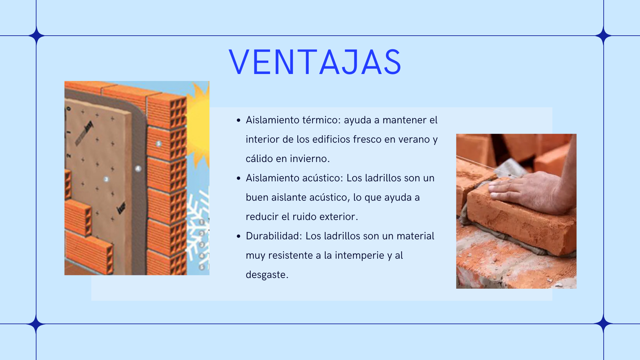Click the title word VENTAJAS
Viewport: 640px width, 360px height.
[315, 62]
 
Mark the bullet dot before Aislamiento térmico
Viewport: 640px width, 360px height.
[238, 120]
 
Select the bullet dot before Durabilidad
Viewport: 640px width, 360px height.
[238, 236]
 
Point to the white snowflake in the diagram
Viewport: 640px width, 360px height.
[197, 227]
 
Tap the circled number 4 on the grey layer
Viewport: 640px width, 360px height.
[138, 169]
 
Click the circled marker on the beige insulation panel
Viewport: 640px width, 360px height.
[106, 179]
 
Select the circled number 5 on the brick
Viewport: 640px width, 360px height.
[159, 144]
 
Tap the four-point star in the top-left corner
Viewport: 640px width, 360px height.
[36, 35]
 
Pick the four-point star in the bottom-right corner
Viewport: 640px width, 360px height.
[604, 324]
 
